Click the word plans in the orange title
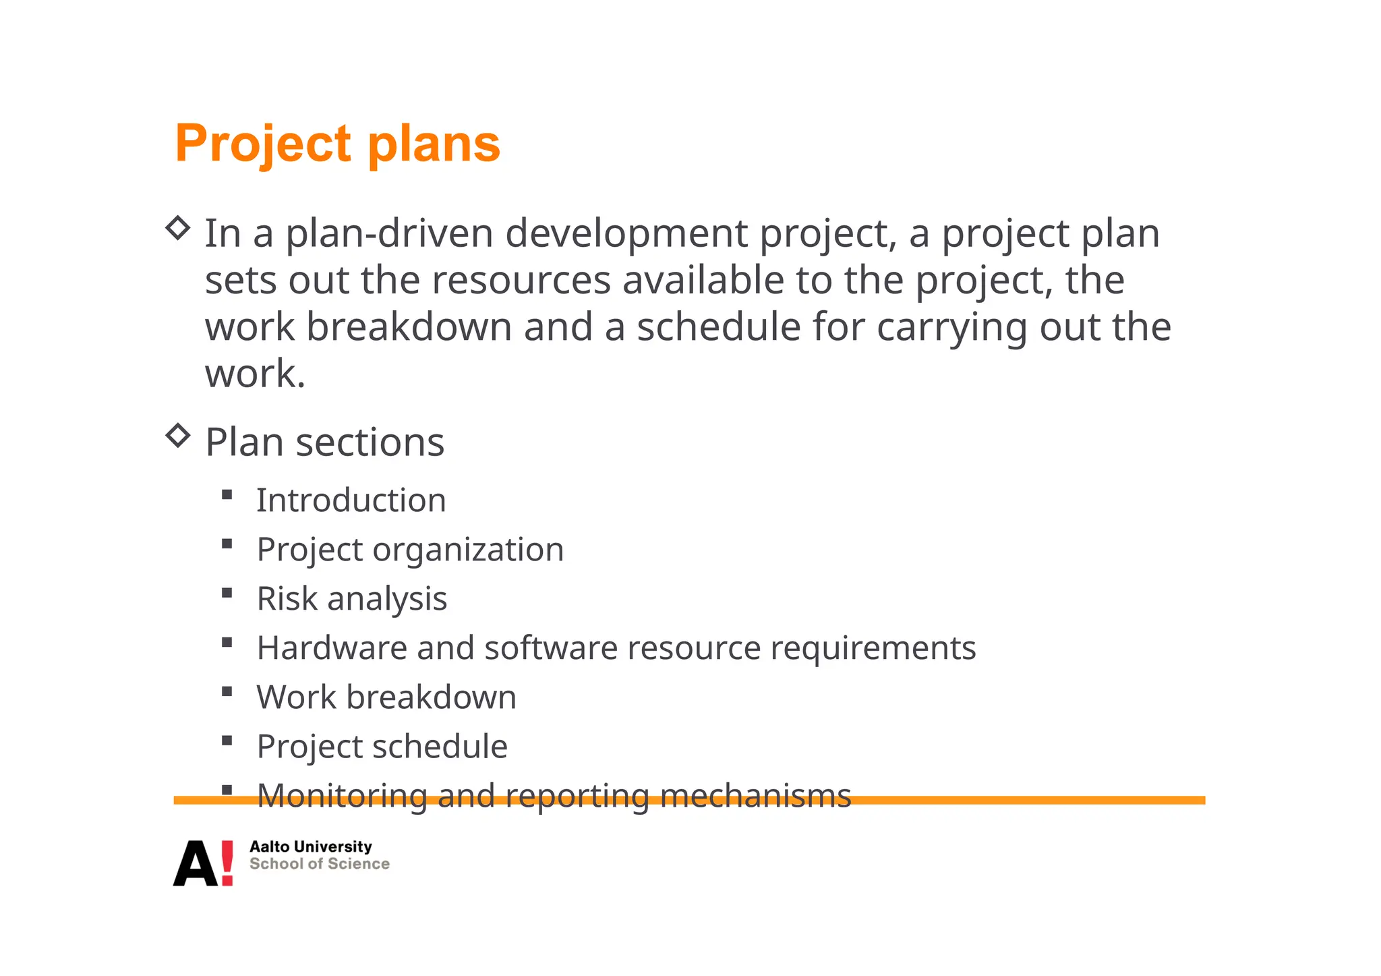[434, 144]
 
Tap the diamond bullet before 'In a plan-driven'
[178, 228]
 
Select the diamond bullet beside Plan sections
[178, 435]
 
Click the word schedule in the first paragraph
[719, 327]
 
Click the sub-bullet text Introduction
[351, 500]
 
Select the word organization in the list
[468, 550]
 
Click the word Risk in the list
[287, 599]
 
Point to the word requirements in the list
[873, 649]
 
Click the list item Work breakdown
[386, 697]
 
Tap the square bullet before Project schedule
[227, 741]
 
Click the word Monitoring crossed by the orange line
[342, 796]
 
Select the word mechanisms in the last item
[755, 796]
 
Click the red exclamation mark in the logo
[227, 863]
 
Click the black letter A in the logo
[196, 864]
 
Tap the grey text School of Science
[320, 864]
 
